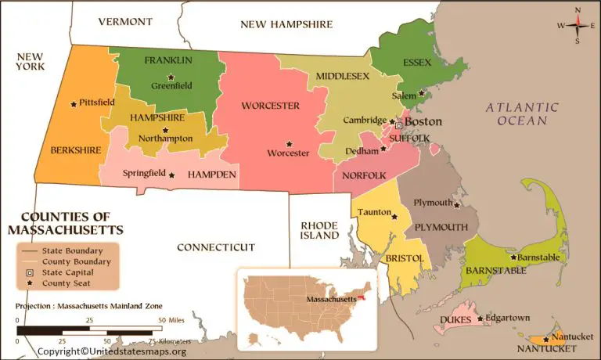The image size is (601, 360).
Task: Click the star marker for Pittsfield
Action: pos(74,103)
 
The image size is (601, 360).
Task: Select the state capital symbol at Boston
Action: pos(398,124)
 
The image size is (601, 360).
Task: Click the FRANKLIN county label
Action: pos(168,60)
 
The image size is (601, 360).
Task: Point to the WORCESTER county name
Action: pos(270,106)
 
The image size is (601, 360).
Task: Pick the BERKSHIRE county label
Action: pos(76,149)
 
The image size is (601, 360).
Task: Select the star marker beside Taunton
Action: pos(394,217)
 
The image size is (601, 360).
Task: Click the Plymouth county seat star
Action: pos(456,206)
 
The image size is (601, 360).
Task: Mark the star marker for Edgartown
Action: pos(480,319)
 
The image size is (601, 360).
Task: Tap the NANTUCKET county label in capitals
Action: pos(546,347)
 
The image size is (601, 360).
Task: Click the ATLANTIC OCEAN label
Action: pos(522,113)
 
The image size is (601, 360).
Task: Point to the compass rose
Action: pos(578,24)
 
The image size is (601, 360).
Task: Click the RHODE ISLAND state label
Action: pos(320,230)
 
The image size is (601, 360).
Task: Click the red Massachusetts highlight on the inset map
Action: pos(362,297)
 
